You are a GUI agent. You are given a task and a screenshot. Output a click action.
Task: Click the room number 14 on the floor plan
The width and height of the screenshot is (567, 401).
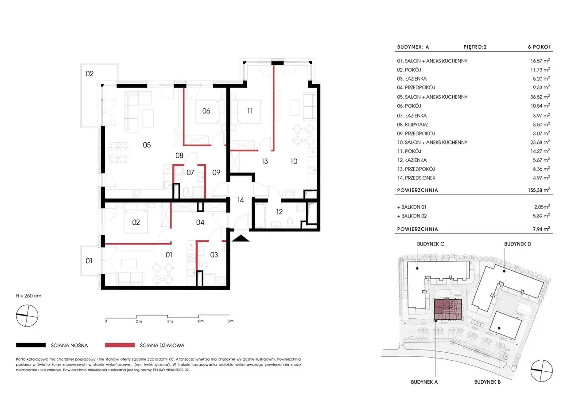pyautogui.click(x=240, y=200)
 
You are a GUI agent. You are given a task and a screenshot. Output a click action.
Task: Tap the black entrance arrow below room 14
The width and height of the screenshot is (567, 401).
pyautogui.click(x=240, y=238)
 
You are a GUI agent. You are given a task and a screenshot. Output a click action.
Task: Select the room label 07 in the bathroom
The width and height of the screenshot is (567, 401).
pyautogui.click(x=190, y=172)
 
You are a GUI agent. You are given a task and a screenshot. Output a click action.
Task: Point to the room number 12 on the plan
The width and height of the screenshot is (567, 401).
pyautogui.click(x=279, y=212)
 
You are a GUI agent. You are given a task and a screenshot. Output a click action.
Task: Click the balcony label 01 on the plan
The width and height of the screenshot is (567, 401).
pyautogui.click(x=89, y=261)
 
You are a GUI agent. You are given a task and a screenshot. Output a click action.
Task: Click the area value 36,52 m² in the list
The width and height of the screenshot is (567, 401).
pyautogui.click(x=540, y=97)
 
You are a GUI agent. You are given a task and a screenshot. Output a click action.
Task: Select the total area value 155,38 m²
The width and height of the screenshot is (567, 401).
pyautogui.click(x=539, y=190)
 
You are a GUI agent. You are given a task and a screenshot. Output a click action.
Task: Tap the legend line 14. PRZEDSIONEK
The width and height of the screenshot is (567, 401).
pyautogui.click(x=416, y=178)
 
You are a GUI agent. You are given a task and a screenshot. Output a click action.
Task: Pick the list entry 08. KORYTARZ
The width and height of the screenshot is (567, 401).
pyautogui.click(x=412, y=125)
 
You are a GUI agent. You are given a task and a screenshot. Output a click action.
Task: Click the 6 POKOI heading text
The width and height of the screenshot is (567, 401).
pyautogui.click(x=539, y=47)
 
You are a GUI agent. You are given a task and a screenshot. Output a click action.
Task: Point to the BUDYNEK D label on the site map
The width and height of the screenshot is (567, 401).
pyautogui.click(x=518, y=244)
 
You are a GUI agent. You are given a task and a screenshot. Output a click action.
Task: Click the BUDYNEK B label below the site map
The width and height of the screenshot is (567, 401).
pyautogui.click(x=487, y=382)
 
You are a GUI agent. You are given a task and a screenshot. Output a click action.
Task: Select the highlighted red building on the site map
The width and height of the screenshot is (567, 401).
pyautogui.click(x=448, y=310)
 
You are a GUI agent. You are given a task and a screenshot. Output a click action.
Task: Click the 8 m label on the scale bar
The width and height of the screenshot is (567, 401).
pyautogui.click(x=230, y=321)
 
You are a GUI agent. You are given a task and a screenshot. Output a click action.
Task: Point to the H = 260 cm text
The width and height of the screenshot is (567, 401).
pyautogui.click(x=28, y=296)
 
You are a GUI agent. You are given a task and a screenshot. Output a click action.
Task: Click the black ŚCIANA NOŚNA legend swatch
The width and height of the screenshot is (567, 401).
pyautogui.click(x=31, y=345)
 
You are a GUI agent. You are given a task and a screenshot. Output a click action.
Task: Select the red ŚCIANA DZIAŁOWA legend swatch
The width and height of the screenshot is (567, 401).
pyautogui.click(x=120, y=345)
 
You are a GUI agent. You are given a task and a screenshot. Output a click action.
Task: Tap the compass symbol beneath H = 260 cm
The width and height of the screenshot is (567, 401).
pyautogui.click(x=27, y=315)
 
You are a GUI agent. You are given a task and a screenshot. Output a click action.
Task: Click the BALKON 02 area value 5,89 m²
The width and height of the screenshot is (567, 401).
pyautogui.click(x=542, y=216)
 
